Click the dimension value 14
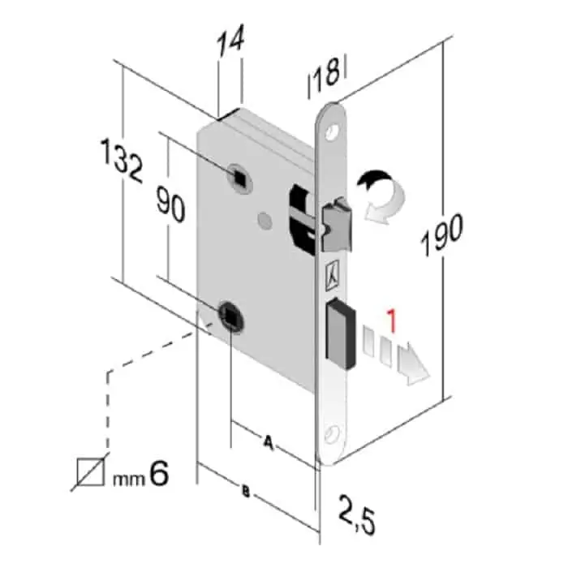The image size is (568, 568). coord(230,41)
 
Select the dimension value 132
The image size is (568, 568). coord(122,160)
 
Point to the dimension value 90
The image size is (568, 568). coord(170,204)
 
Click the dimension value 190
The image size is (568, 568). coord(441,235)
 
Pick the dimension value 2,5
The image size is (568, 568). coord(357,514)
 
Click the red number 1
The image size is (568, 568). coord(391,321)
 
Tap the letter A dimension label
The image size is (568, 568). coord(268,442)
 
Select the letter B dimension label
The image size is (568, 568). coord(246,492)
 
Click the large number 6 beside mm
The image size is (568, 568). coord(159,473)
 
